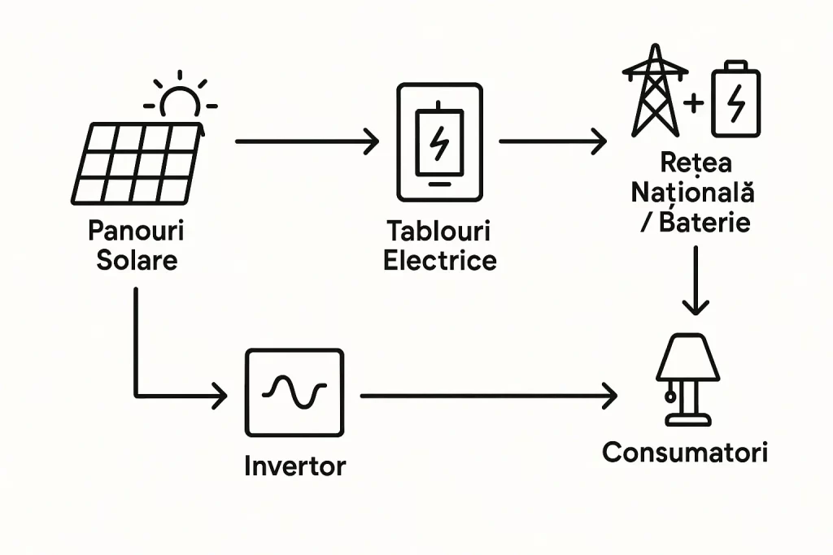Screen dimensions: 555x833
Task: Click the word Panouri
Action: (135, 231)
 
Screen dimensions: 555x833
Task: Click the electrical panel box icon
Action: (439, 142)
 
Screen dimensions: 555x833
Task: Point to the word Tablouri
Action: (439, 232)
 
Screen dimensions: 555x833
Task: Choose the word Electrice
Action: (439, 260)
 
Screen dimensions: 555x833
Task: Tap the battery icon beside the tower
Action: (735, 99)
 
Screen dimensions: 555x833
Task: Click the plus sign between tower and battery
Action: (694, 103)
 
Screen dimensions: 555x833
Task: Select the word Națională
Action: (694, 194)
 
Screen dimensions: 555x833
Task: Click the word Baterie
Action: (704, 222)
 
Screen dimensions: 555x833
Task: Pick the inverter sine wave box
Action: (294, 392)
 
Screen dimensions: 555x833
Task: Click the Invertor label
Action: (294, 466)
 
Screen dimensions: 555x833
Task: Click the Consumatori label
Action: (685, 452)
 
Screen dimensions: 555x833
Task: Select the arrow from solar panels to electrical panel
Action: (307, 142)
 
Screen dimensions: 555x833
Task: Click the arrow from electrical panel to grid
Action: (552, 142)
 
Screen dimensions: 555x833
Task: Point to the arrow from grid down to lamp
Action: (694, 280)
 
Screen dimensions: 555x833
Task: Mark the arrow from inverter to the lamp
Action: (488, 397)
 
